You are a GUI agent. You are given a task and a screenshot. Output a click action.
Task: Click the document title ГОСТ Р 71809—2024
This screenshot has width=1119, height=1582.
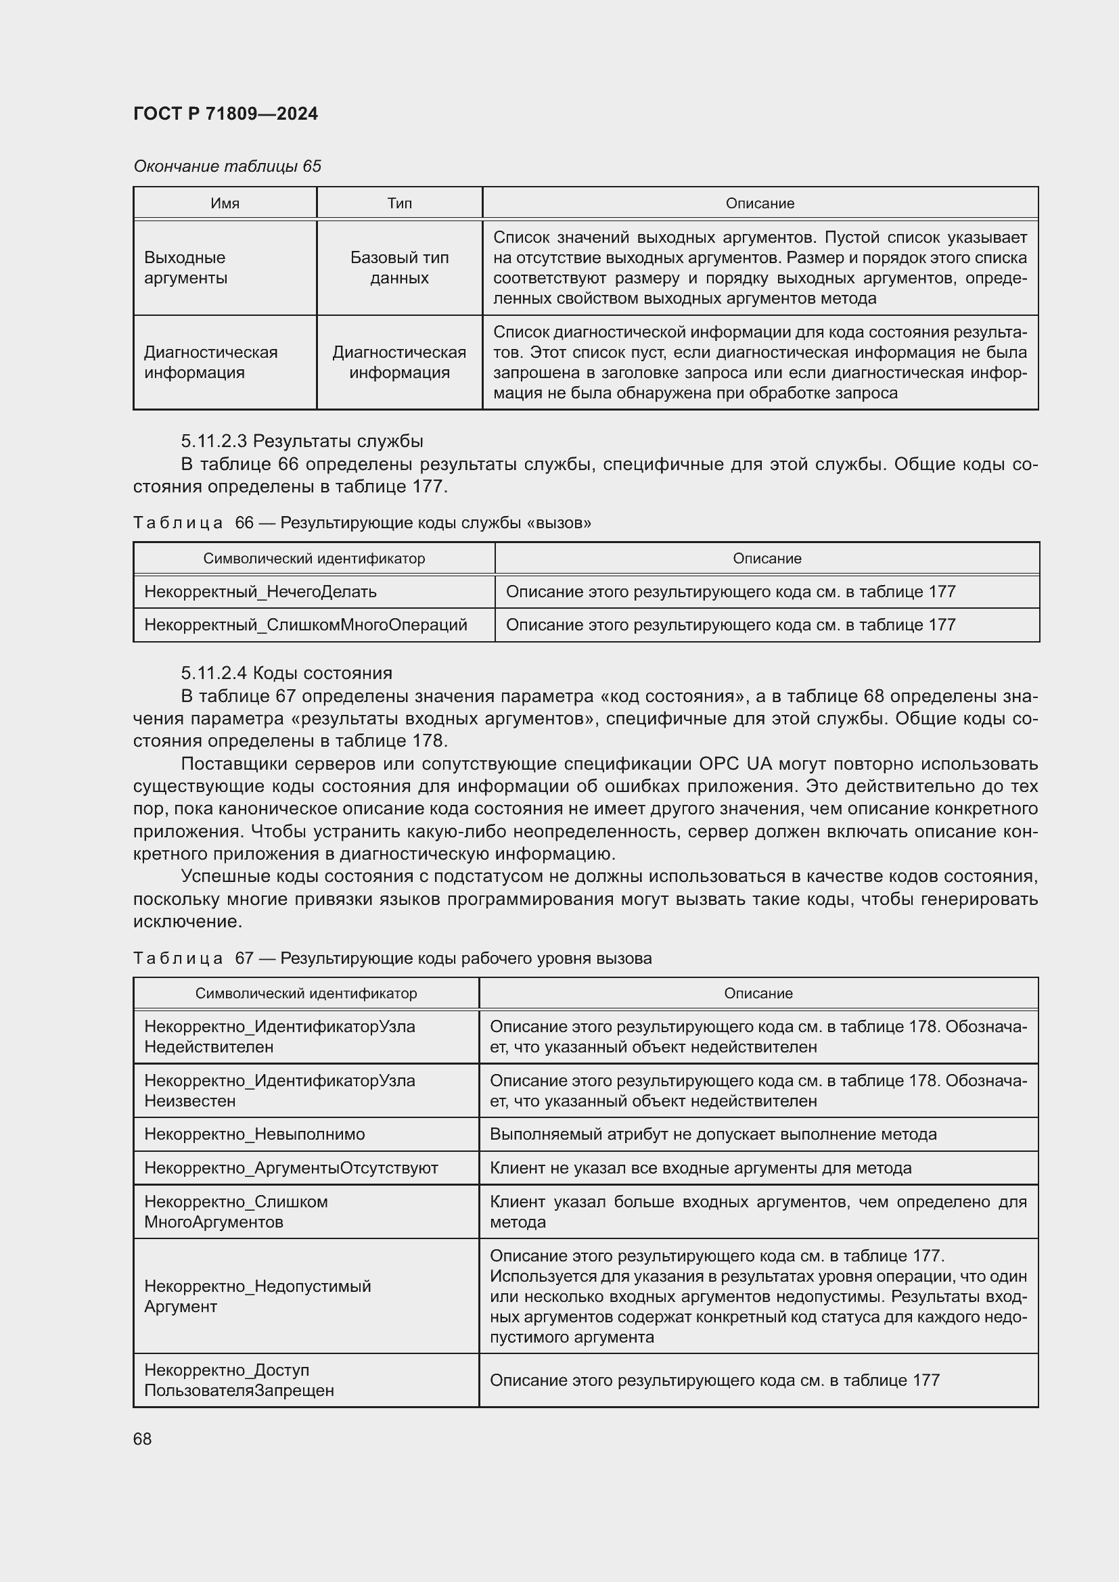pyautogui.click(x=225, y=114)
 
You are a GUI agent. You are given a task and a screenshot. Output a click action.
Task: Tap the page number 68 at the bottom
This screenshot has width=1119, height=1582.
pyautogui.click(x=142, y=1439)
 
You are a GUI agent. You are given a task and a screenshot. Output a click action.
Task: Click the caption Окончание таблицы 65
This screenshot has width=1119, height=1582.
pyautogui.click(x=227, y=166)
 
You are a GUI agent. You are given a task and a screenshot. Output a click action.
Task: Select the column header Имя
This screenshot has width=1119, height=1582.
pyautogui.click(x=225, y=204)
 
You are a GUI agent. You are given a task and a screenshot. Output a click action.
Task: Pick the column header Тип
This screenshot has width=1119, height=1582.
pyautogui.click(x=399, y=204)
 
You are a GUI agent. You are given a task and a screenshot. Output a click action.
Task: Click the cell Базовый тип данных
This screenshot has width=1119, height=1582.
pyautogui.click(x=399, y=267)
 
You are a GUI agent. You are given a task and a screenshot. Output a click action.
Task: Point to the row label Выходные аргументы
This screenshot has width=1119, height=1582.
pyautogui.click(x=185, y=267)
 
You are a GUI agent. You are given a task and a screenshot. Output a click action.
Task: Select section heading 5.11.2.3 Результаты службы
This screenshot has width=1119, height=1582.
pyautogui.click(x=302, y=441)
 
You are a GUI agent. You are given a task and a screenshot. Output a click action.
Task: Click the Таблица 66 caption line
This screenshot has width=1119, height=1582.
pyautogui.click(x=362, y=522)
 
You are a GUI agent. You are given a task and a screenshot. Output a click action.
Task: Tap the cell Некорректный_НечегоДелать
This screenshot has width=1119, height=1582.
pyautogui.click(x=260, y=591)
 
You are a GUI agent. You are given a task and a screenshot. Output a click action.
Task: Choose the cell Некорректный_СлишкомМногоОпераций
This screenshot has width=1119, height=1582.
pyautogui.click(x=305, y=624)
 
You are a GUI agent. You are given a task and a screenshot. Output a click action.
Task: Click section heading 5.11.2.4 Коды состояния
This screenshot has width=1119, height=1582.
pyautogui.click(x=286, y=673)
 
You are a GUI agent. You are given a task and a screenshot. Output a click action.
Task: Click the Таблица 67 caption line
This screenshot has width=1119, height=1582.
pyautogui.click(x=391, y=958)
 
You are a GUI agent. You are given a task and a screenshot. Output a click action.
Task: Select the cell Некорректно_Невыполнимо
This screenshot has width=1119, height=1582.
pyautogui.click(x=254, y=1134)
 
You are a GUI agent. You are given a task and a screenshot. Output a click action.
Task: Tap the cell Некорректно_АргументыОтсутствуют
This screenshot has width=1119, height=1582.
pyautogui.click(x=291, y=1168)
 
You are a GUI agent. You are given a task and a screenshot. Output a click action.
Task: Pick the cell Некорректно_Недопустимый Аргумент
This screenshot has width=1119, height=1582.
pyautogui.click(x=257, y=1296)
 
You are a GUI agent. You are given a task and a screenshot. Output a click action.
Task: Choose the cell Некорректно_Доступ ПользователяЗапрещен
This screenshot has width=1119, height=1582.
pyautogui.click(x=238, y=1380)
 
